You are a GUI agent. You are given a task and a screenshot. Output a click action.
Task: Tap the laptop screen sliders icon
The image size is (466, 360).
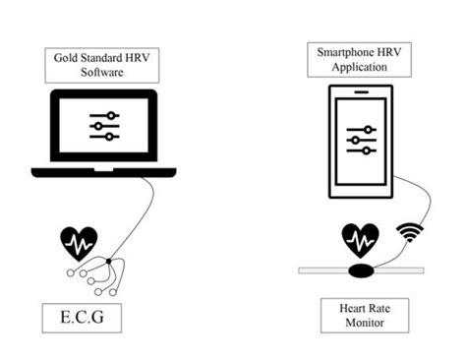102,126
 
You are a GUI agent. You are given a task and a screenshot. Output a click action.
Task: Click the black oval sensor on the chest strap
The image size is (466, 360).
360,269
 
